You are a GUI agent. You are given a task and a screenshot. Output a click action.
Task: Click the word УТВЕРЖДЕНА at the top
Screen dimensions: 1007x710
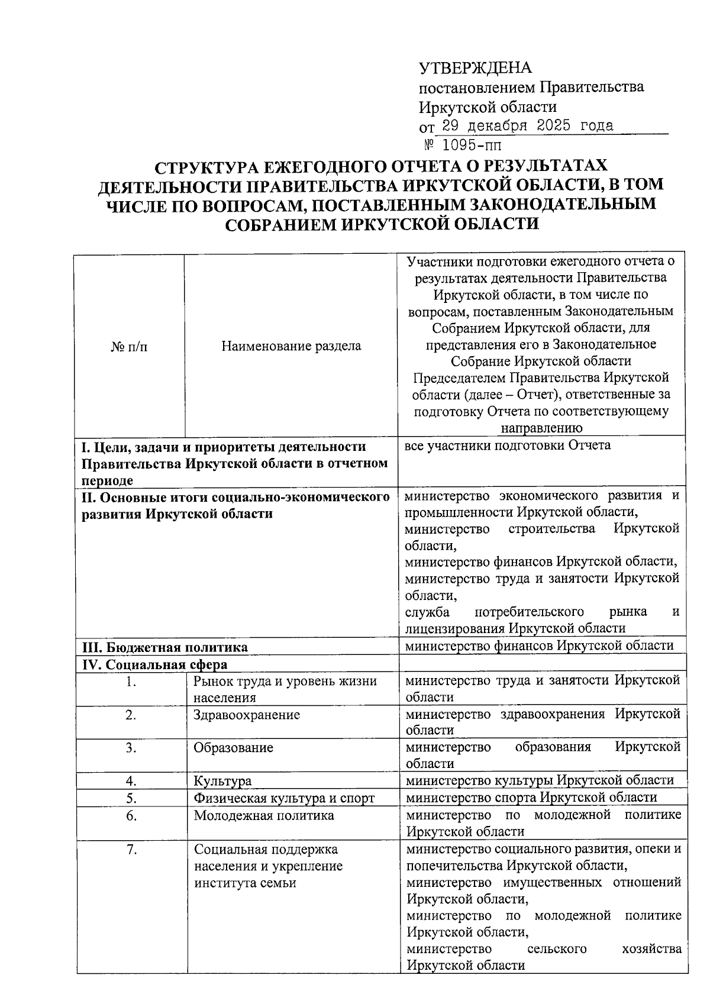pyautogui.click(x=475, y=68)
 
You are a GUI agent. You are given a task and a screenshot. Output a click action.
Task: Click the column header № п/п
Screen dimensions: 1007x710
pyautogui.click(x=129, y=346)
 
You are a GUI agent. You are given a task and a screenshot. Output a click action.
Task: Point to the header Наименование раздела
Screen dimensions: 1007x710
pyautogui.click(x=291, y=346)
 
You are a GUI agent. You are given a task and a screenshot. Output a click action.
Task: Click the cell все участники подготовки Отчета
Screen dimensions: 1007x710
pyautogui.click(x=508, y=446)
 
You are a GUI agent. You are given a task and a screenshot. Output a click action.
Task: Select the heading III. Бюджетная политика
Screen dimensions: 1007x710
pyautogui.click(x=164, y=647)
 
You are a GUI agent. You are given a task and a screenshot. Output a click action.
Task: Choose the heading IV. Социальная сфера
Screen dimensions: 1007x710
pyautogui.click(x=154, y=664)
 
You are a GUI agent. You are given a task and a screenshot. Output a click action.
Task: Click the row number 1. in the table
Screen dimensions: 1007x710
pyautogui.click(x=131, y=682)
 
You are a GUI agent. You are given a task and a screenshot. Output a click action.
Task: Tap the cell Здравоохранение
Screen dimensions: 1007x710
pyautogui.click(x=247, y=715)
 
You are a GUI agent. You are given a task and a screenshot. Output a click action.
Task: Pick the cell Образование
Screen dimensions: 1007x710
pyautogui.click(x=233, y=747)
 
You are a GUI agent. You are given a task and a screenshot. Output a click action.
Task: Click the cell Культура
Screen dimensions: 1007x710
pyautogui.click(x=222, y=781)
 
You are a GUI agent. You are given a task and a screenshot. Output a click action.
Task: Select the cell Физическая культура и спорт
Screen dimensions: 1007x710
pyautogui.click(x=284, y=798)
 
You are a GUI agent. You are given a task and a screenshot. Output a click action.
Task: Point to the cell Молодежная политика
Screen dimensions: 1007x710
pyautogui.click(x=264, y=815)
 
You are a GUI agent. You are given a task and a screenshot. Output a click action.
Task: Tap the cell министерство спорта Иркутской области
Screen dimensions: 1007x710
pyautogui.click(x=531, y=798)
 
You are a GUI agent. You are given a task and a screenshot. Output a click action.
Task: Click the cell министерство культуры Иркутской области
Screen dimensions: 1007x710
pyautogui.click(x=540, y=780)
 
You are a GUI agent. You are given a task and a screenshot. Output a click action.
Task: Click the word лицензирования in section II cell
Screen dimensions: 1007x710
pyautogui.click(x=454, y=628)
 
